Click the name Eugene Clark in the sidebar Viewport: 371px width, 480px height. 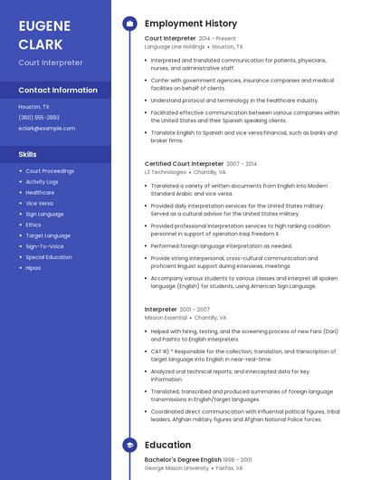(x=44, y=34)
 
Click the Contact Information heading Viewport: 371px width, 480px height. (x=58, y=90)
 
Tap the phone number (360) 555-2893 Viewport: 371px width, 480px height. (x=39, y=117)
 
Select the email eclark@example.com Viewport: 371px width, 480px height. (x=47, y=128)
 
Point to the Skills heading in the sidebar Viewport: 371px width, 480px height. (x=28, y=154)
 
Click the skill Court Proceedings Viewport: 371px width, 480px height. (x=50, y=170)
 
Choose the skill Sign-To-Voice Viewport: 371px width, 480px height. (x=44, y=246)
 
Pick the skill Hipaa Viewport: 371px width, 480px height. (x=33, y=268)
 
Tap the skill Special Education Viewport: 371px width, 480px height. (x=49, y=257)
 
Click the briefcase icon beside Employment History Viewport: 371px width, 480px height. (x=129, y=24)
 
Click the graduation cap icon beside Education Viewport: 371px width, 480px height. (x=129, y=445)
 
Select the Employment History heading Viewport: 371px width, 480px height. (x=191, y=24)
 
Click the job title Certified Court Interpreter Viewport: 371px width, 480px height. (x=184, y=164)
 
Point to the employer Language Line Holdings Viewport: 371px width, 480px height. (x=175, y=46)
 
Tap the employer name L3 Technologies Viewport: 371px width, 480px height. (x=165, y=171)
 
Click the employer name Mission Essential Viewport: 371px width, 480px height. (x=166, y=318)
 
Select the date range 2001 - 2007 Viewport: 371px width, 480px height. (x=195, y=310)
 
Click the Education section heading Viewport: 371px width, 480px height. (x=167, y=445)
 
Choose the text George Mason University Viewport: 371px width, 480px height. (x=177, y=468)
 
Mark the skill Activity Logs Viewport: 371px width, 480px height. (x=42, y=181)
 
